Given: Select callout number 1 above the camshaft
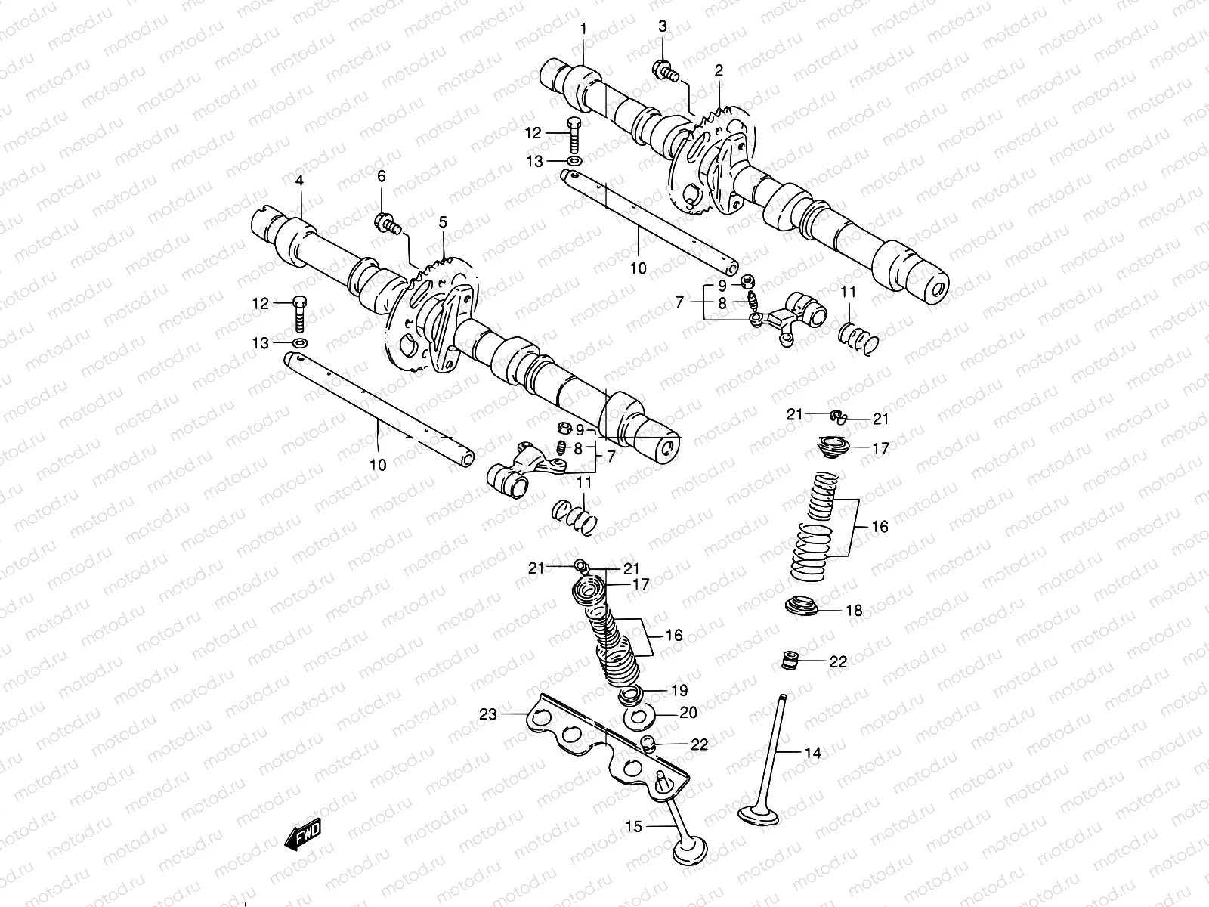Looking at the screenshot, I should (583, 29).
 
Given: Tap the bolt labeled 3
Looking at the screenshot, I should (664, 72).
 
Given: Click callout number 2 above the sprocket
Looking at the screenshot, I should (719, 71).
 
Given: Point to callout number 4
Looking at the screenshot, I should (299, 181).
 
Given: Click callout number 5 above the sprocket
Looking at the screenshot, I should (443, 222).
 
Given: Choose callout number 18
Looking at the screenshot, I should (854, 611).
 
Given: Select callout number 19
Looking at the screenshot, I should (679, 690).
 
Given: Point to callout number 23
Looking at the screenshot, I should (488, 713).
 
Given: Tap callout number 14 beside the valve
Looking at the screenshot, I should (812, 752).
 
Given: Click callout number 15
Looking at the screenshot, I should (633, 827).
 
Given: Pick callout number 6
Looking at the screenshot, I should (382, 176).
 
